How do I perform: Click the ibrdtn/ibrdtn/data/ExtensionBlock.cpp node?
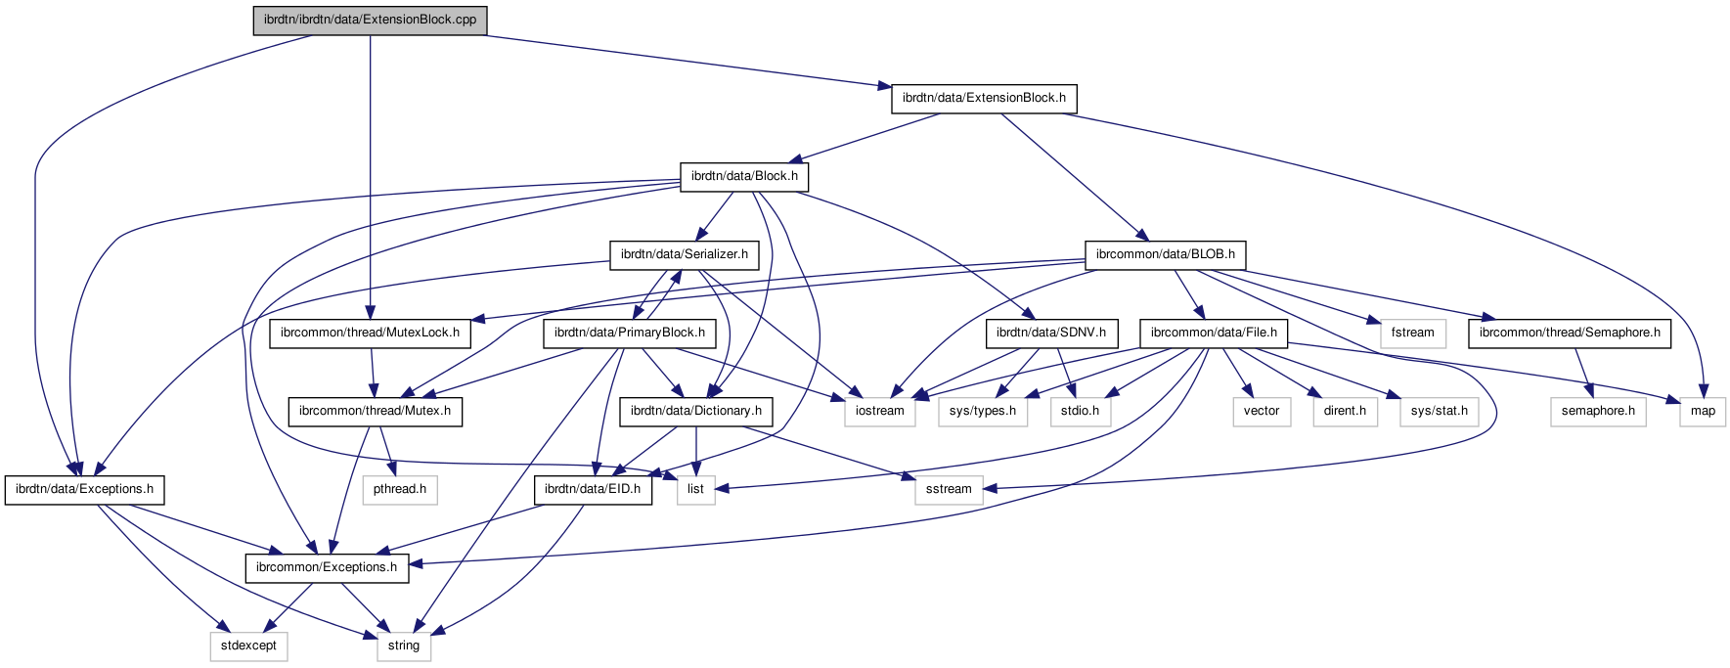pos(370,21)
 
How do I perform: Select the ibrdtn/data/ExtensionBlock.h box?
pos(984,99)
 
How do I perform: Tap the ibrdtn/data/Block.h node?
pos(744,177)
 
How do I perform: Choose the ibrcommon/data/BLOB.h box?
pos(1165,255)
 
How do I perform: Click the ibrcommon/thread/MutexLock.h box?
pos(370,334)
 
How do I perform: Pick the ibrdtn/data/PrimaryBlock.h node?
pos(629,334)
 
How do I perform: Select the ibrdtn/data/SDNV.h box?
pos(1050,334)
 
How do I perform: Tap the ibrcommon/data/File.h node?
pos(1214,334)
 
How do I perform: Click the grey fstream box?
pos(1412,334)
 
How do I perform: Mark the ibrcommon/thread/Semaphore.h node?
pos(1570,334)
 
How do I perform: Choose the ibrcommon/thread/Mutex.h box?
pos(375,412)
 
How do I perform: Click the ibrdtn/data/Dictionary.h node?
pos(695,412)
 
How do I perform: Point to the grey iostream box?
pos(879,412)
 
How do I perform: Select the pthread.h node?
pos(399,490)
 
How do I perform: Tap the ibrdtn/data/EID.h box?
pos(593,490)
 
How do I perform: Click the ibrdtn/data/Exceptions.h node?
pos(84,490)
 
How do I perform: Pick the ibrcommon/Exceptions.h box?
pos(327,568)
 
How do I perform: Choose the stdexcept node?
pos(248,646)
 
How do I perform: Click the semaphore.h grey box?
pos(1598,412)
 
